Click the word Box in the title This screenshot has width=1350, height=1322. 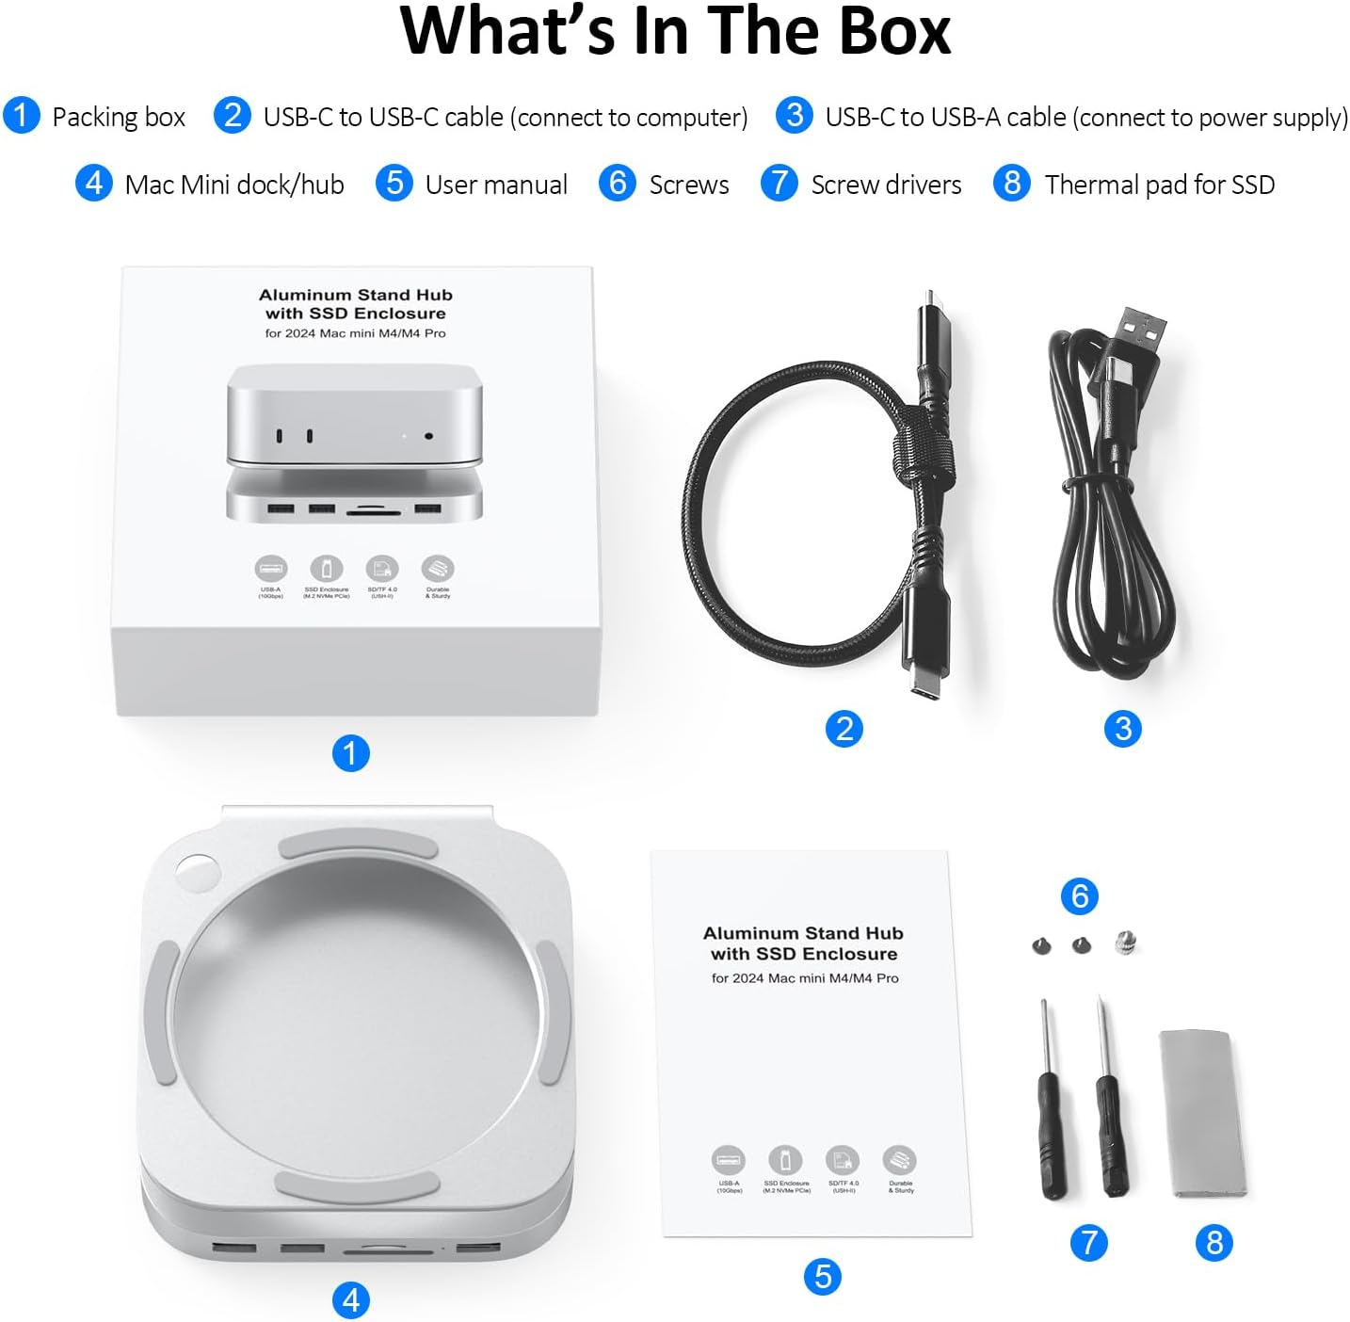tap(893, 32)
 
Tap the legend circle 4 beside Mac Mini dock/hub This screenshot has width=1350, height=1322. tap(94, 183)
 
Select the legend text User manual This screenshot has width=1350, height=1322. tap(495, 185)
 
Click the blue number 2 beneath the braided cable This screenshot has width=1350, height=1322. tap(844, 729)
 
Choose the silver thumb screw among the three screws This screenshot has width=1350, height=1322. tap(1124, 942)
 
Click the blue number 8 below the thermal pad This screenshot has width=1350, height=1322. tap(1213, 1243)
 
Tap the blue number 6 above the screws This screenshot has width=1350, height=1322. tap(1080, 895)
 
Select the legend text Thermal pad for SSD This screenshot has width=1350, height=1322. tap(1159, 185)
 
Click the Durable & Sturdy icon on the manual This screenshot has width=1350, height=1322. tap(900, 1160)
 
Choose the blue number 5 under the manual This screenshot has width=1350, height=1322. tap(822, 1277)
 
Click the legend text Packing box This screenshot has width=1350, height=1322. tap(119, 117)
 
